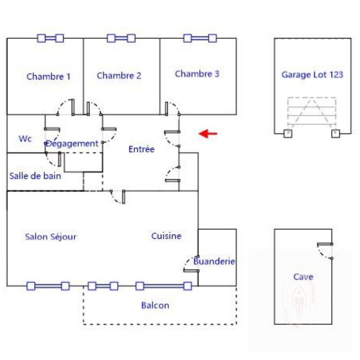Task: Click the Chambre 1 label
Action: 48,77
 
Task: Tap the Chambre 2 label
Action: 119,76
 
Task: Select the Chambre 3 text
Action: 197,74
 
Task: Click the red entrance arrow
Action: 208,133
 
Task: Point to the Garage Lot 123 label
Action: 312,75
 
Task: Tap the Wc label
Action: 25,139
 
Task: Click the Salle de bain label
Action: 35,176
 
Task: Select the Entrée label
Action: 141,149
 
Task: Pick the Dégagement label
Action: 72,144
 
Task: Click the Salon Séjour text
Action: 51,237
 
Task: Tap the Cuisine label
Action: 166,236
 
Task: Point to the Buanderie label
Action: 214,261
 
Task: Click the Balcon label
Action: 155,306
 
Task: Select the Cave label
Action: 303,277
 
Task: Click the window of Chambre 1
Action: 50,38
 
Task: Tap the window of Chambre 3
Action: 200,38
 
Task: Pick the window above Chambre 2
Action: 121,38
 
